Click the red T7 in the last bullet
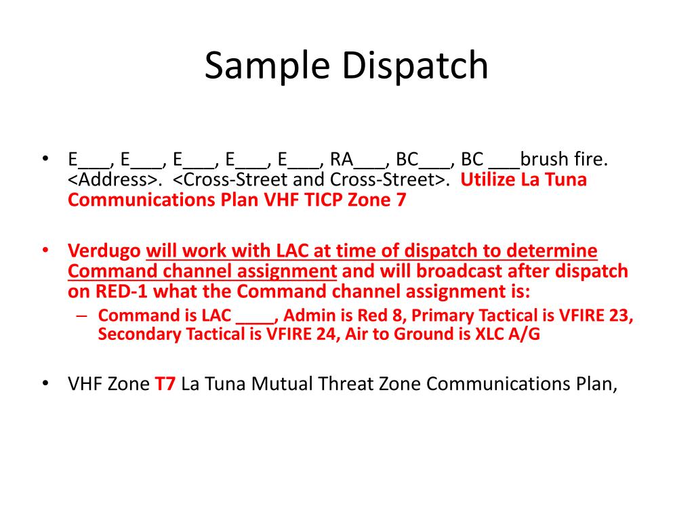point(165,384)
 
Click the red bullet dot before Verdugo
point(45,250)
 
